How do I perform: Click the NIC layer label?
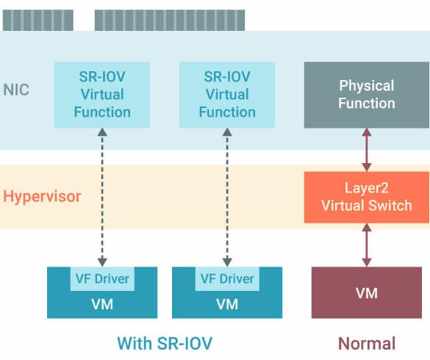(x=16, y=90)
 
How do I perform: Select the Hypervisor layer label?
(x=42, y=196)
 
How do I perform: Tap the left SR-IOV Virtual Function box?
(x=102, y=95)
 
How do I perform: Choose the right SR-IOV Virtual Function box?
(x=227, y=95)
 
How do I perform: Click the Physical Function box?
(x=367, y=95)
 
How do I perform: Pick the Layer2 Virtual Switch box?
(x=367, y=198)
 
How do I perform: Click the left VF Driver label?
(x=102, y=279)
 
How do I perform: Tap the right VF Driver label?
(x=227, y=279)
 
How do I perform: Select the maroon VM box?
(x=367, y=292)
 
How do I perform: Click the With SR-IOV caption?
(x=165, y=343)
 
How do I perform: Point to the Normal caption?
(x=367, y=343)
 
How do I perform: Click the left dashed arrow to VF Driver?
(x=102, y=198)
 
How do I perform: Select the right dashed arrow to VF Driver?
(x=227, y=198)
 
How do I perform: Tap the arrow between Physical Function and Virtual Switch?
(x=367, y=150)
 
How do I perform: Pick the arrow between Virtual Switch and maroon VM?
(x=367, y=245)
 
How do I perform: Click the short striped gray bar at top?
(x=38, y=21)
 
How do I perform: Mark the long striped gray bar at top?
(x=170, y=21)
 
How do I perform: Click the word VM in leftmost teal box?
(x=102, y=304)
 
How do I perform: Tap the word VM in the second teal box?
(x=227, y=304)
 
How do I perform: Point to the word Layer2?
(x=366, y=188)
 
